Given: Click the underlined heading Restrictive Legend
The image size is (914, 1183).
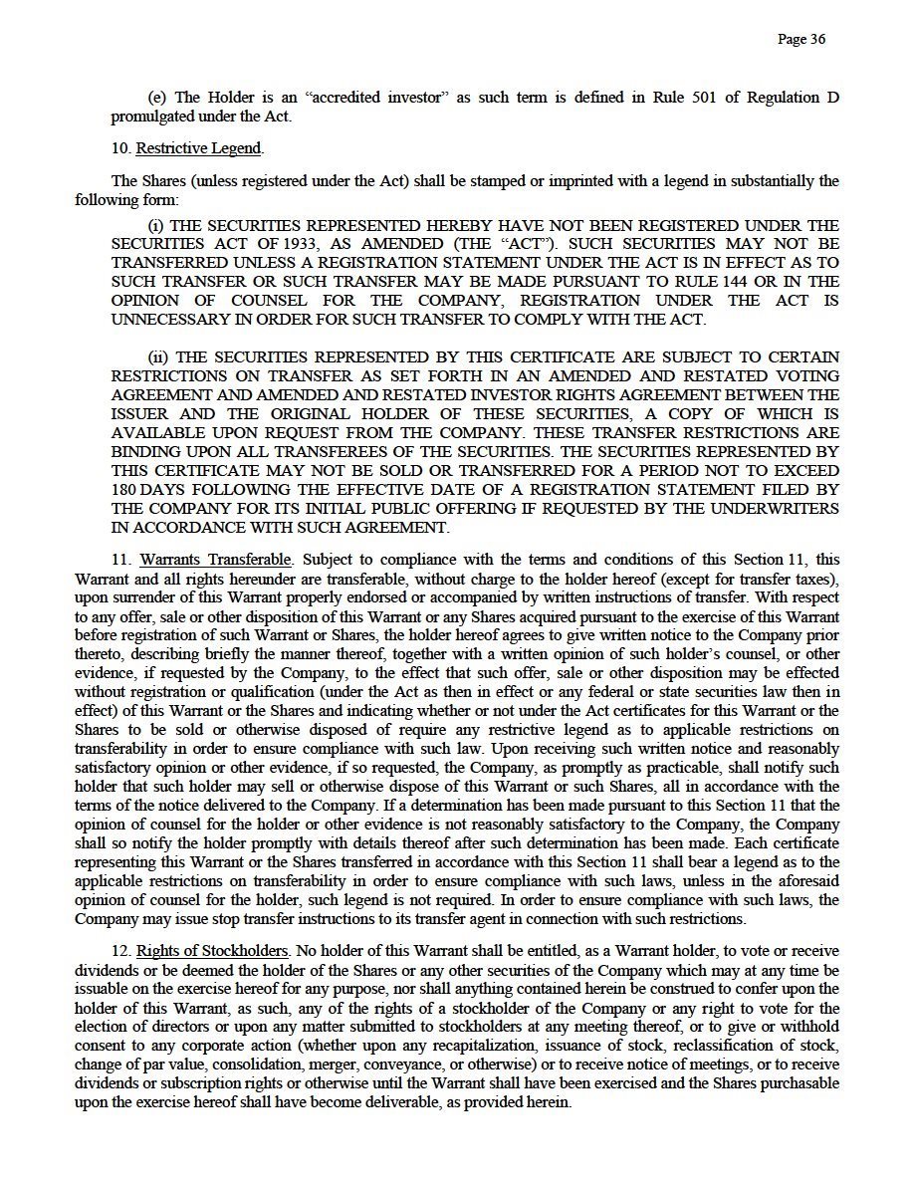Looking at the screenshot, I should coord(198,148).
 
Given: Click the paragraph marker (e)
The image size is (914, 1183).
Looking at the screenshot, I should coord(156,98).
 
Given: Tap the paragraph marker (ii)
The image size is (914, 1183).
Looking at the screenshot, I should coord(159,356).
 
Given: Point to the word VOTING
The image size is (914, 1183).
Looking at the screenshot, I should coord(802,375).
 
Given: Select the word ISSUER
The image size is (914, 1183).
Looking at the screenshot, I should coord(139,413).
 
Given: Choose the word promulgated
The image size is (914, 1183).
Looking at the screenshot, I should coord(153,117).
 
